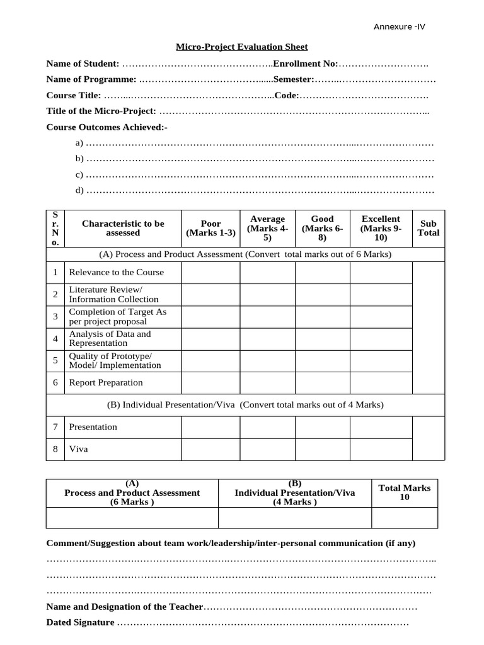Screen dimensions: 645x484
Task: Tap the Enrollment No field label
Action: tap(306, 64)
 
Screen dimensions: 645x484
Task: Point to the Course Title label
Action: tap(74, 95)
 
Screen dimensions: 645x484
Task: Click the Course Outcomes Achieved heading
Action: tap(107, 127)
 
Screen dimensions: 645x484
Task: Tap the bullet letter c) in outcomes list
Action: tap(79, 174)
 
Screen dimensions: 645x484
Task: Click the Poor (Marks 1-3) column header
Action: tap(210, 228)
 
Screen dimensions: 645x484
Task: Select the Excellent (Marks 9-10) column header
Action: tap(381, 228)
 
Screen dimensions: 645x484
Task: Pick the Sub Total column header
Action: tap(429, 228)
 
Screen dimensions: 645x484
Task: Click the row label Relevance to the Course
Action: tap(116, 273)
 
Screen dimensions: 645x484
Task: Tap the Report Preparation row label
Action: tap(106, 383)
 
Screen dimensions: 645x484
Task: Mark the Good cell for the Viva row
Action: tap(322, 450)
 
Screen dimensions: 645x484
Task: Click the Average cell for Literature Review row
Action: tap(267, 295)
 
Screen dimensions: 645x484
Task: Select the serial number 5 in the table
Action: tap(55, 360)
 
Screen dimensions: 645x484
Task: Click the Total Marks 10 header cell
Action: tap(404, 493)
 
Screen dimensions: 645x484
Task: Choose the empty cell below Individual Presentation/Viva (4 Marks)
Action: tap(294, 518)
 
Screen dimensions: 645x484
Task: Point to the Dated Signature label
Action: tap(81, 622)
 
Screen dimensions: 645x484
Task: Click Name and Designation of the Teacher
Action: tap(125, 607)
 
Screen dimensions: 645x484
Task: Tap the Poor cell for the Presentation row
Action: tap(210, 427)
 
